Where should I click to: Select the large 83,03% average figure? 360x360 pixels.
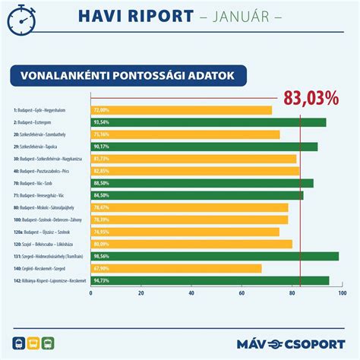click(311, 98)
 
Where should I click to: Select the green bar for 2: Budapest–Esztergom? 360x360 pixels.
click(208, 122)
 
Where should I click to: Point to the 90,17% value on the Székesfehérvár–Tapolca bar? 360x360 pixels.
click(103, 146)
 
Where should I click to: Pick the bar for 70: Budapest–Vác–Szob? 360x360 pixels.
click(202, 183)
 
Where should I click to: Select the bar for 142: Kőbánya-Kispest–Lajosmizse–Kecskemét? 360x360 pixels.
click(210, 280)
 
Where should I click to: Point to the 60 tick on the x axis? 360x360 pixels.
click(242, 293)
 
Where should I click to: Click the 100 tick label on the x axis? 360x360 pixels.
click(342, 293)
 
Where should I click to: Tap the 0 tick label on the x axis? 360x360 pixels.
click(91, 293)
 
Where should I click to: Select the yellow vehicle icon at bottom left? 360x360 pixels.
click(33, 343)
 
